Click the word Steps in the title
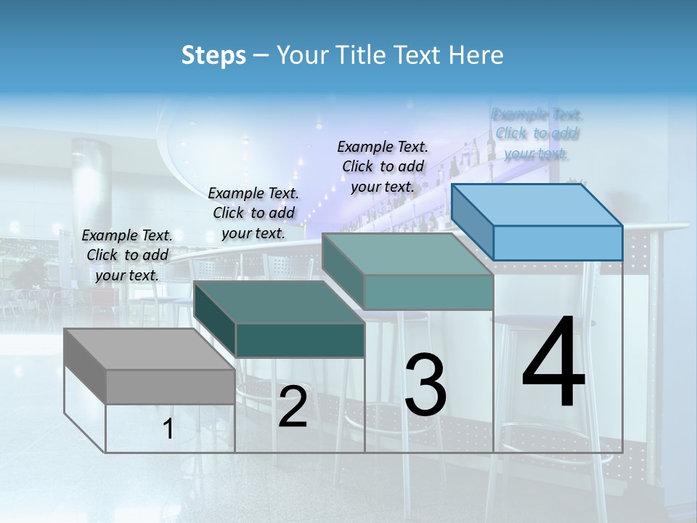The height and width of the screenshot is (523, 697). pos(213,55)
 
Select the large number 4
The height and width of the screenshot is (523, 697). pos(553,363)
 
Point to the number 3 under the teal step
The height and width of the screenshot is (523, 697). pos(425,386)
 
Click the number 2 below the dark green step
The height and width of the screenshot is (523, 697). pos(293,407)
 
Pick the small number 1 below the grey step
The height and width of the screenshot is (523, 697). pos(168,429)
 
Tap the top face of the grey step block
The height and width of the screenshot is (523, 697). pos(149,349)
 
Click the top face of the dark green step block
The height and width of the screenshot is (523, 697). pos(279,301)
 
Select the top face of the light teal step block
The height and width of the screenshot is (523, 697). pos(407,254)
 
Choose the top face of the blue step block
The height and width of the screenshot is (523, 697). pos(537,205)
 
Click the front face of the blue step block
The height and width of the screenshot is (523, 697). pos(558,243)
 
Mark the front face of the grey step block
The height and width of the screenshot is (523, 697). pos(170,386)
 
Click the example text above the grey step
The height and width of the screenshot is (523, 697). pos(127,255)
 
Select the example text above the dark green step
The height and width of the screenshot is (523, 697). pos(253,213)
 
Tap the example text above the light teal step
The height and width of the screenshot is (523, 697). pos(383,166)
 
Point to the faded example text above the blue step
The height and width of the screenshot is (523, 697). pos(537,134)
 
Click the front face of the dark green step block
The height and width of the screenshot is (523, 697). pos(300,340)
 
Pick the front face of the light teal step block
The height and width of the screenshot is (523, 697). pos(428,292)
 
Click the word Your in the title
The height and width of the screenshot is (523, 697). pos(302,55)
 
